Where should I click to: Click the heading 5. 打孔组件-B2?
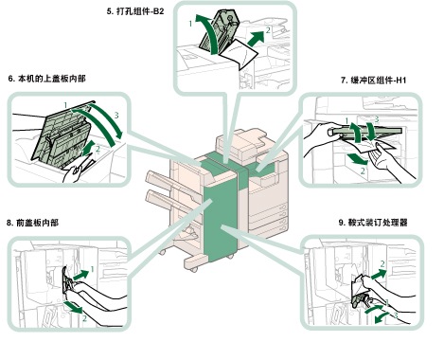[135, 11]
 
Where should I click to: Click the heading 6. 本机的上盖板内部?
[47, 79]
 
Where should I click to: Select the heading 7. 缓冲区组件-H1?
[374, 81]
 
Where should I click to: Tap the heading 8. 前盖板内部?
[32, 223]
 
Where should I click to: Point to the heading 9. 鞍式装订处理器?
[373, 223]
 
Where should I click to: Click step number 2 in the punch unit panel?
[268, 30]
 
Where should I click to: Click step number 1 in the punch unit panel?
[190, 24]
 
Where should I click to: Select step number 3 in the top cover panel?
[116, 116]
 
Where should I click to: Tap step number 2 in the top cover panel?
[98, 149]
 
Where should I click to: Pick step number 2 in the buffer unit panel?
[363, 171]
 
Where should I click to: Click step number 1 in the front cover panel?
[93, 269]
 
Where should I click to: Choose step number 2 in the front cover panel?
[84, 318]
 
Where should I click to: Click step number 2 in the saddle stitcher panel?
[382, 263]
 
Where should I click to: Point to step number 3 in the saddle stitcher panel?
[396, 315]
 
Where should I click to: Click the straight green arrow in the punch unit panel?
[256, 39]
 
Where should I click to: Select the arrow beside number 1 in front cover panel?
[81, 275]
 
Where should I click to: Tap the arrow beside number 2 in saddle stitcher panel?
[379, 274]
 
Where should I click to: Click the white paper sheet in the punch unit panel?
[239, 54]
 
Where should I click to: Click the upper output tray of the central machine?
[159, 181]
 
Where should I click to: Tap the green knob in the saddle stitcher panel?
[360, 300]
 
